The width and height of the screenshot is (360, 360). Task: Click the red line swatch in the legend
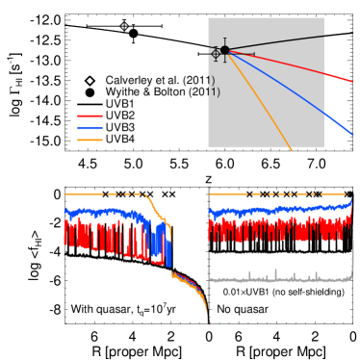click(90, 116)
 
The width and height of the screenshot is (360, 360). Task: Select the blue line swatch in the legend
click(90, 128)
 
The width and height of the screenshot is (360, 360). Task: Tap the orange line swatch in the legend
click(90, 140)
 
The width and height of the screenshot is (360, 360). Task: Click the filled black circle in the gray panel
click(224, 50)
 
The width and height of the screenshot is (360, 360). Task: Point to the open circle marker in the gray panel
click(216, 54)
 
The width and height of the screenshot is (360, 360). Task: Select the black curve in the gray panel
click(279, 42)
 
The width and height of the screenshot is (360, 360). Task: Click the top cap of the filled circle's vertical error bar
click(224, 39)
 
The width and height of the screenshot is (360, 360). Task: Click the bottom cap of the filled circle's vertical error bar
click(224, 62)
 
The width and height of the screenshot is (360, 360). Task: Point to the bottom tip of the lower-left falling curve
click(207, 320)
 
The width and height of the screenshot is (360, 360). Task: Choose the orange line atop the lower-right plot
click(279, 193)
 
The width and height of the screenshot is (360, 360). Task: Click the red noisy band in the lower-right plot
click(279, 229)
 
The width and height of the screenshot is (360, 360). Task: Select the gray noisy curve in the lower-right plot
click(279, 279)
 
